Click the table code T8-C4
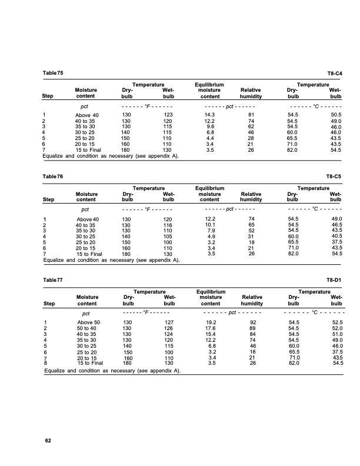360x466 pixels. click(x=334, y=74)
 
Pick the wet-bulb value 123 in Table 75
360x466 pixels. click(x=168, y=114)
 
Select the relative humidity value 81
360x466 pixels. click(x=251, y=114)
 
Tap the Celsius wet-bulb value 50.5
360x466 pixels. click(x=336, y=114)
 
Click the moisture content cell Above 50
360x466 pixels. click(x=89, y=322)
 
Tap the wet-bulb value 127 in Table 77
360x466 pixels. click(x=168, y=322)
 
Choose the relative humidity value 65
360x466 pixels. click(x=251, y=224)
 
